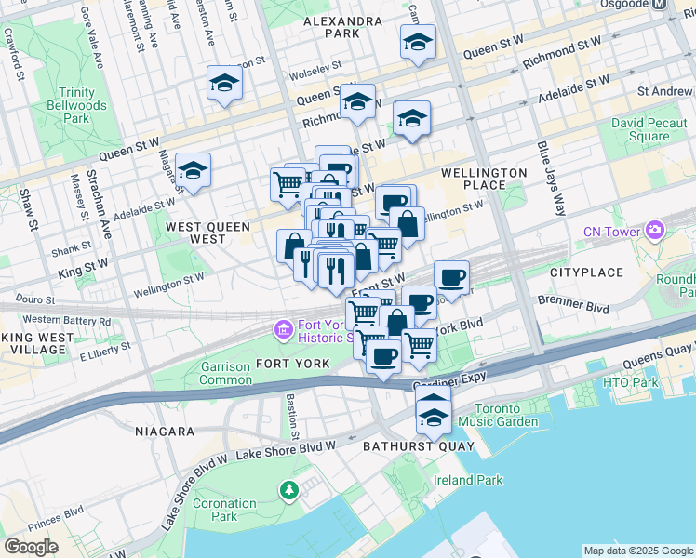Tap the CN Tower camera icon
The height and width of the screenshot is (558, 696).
pyautogui.click(x=656, y=230)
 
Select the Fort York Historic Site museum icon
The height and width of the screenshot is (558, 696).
pyautogui.click(x=281, y=329)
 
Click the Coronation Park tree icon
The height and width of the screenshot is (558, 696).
pyautogui.click(x=288, y=489)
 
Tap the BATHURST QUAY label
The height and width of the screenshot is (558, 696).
pyautogui.click(x=418, y=446)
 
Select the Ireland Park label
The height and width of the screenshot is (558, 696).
pyautogui.click(x=468, y=480)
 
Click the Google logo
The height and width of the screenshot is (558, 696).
pyautogui.click(x=31, y=547)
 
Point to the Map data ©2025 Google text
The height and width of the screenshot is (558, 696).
pyautogui.click(x=637, y=551)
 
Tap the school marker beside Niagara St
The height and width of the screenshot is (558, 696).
pyautogui.click(x=193, y=170)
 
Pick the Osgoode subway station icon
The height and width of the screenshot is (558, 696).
pyautogui.click(x=659, y=4)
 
